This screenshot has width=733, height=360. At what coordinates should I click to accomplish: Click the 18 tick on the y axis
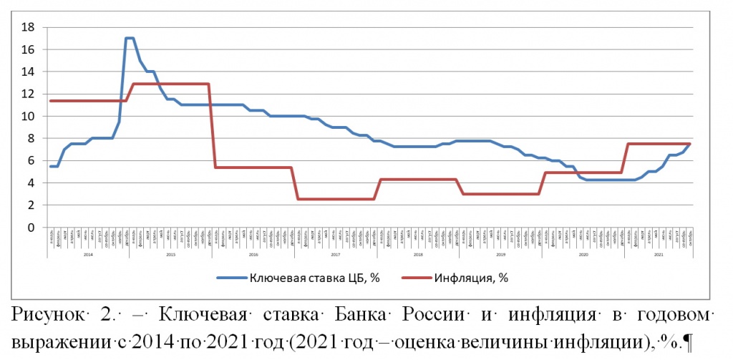pos(29,27)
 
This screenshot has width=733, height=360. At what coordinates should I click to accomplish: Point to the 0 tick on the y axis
pos(31,228)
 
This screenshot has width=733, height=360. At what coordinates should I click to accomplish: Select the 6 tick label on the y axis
pos(31,161)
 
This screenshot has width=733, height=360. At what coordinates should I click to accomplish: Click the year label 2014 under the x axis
pos(87,255)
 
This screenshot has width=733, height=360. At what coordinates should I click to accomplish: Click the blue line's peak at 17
pos(130,38)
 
